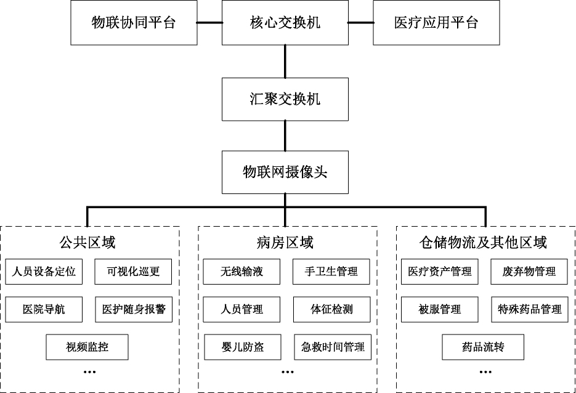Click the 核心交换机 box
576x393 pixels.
tap(285, 23)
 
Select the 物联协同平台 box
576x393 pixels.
tap(134, 23)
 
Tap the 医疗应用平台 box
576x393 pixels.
tap(436, 23)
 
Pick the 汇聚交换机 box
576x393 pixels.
tap(285, 99)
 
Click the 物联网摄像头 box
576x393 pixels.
tap(285, 172)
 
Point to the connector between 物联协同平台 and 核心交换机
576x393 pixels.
tap(209, 23)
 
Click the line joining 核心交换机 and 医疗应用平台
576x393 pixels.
tap(360, 23)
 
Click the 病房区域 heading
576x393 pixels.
tap(288, 242)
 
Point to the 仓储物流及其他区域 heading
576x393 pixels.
tap(486, 242)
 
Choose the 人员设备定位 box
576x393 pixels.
tap(44, 272)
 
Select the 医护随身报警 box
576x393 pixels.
tap(134, 309)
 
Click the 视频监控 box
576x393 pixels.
tap(87, 347)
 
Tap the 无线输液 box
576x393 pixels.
tap(241, 272)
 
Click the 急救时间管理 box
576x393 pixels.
tap(332, 347)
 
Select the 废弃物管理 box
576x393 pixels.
tap(529, 272)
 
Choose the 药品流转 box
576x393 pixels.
tap(483, 347)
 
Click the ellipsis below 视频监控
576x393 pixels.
tap(89, 371)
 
